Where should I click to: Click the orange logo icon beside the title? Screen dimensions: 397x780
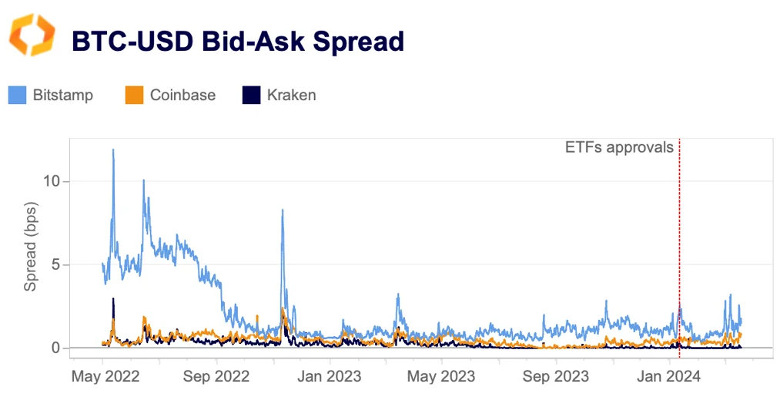click(32, 36)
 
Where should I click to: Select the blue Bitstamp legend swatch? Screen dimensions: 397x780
click(18, 96)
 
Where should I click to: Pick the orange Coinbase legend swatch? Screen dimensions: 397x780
click(134, 96)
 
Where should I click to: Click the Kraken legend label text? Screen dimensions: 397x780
click(291, 96)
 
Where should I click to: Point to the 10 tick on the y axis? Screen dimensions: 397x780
click(52, 181)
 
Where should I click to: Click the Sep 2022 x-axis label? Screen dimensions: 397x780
click(218, 377)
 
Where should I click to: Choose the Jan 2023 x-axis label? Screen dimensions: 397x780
click(330, 377)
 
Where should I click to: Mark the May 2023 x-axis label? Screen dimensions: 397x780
click(441, 377)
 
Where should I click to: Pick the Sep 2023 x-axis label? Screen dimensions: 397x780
click(554, 377)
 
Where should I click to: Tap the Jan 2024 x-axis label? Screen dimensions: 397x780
click(667, 377)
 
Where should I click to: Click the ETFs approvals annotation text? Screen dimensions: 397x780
click(620, 147)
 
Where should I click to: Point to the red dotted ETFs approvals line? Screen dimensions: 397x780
click(679, 231)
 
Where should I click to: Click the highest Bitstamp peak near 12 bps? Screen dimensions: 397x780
click(113, 150)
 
